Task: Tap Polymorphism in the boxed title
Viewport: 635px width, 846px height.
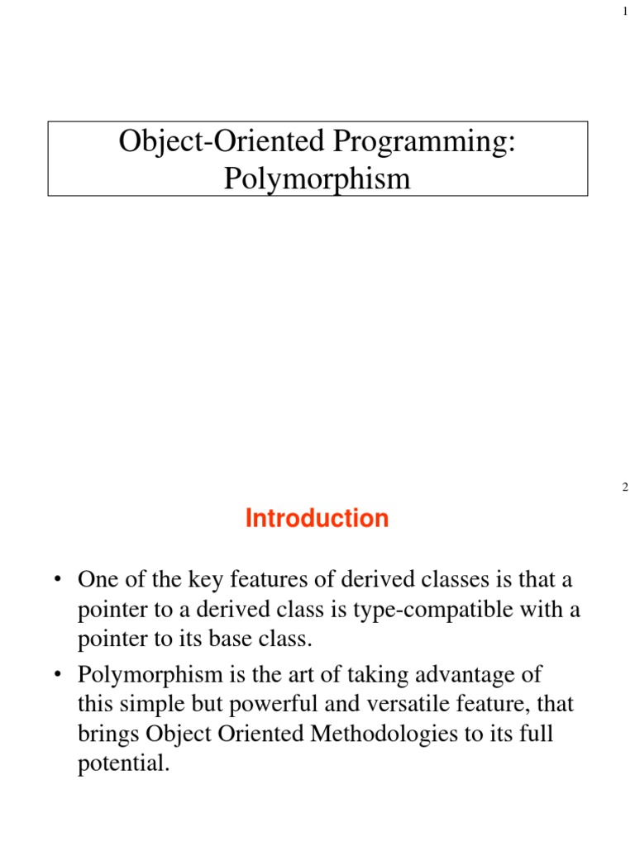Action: point(317,178)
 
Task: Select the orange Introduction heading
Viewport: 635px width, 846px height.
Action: point(317,519)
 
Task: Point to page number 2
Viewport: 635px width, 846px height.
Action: point(625,487)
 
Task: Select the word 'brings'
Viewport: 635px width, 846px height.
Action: point(106,734)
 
